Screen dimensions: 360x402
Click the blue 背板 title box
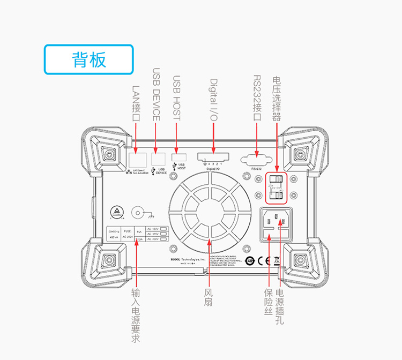pyautogui.click(x=88, y=59)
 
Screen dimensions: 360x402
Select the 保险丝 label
pyautogui.click(x=269, y=302)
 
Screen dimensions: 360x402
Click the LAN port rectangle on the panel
pyautogui.click(x=138, y=159)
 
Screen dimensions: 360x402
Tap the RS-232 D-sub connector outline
pyautogui.click(x=256, y=159)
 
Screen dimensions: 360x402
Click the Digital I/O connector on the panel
pyautogui.click(x=214, y=157)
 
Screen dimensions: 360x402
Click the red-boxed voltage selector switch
pyautogui.click(x=276, y=189)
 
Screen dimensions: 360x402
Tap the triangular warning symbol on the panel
pyautogui.click(x=115, y=212)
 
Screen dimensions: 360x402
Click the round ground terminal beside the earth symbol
pyautogui.click(x=138, y=213)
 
